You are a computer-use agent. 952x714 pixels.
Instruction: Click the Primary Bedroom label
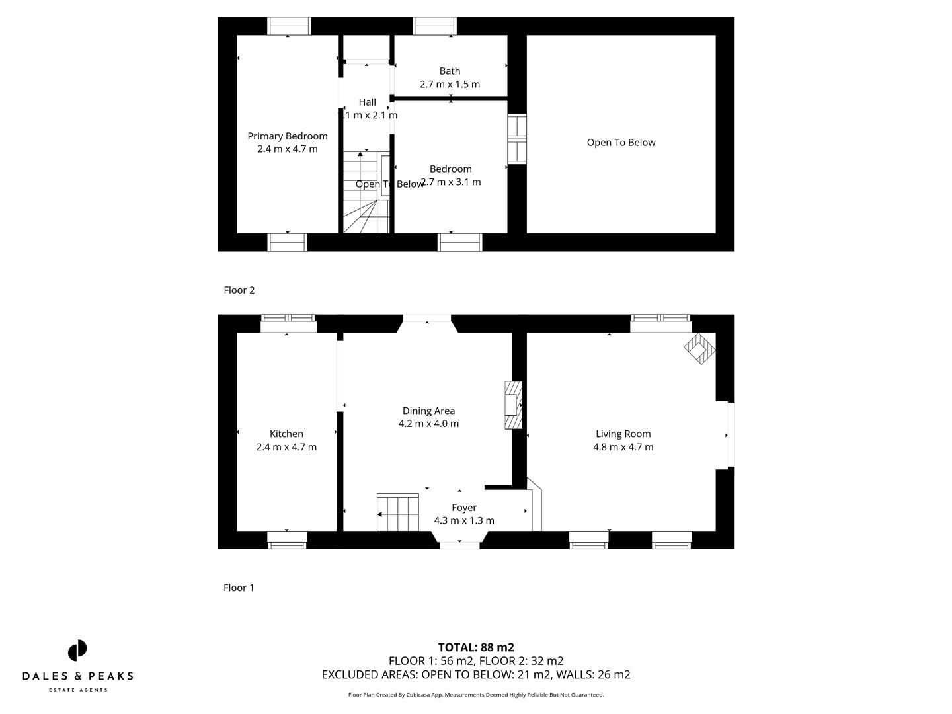pyautogui.click(x=287, y=136)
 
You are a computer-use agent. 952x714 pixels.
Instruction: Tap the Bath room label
pyautogui.click(x=450, y=71)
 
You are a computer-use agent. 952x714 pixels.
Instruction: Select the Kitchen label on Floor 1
pyautogui.click(x=286, y=434)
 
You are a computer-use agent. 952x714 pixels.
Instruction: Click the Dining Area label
pyautogui.click(x=428, y=411)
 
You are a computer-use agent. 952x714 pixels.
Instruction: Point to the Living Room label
pyautogui.click(x=623, y=434)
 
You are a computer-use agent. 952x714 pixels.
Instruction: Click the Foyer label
pyautogui.click(x=463, y=508)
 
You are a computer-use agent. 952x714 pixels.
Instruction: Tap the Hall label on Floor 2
pyautogui.click(x=367, y=102)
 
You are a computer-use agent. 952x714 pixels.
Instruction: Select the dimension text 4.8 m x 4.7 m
pyautogui.click(x=623, y=447)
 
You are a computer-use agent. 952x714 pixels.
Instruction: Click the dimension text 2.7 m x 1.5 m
pyautogui.click(x=450, y=85)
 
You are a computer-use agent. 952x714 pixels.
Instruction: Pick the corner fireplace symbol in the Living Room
pyautogui.click(x=699, y=348)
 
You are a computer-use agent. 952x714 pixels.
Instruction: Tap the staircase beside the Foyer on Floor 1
pyautogui.click(x=398, y=512)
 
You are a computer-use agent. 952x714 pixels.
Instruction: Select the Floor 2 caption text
pyautogui.click(x=239, y=290)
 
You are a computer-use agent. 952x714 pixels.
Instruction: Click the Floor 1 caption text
pyautogui.click(x=239, y=588)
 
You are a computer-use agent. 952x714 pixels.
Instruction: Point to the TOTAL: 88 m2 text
pyautogui.click(x=476, y=647)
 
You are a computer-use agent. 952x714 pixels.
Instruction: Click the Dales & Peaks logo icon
pyautogui.click(x=77, y=650)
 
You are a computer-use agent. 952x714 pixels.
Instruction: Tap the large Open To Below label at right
pyautogui.click(x=621, y=143)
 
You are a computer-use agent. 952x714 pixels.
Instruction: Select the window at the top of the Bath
pyautogui.click(x=434, y=26)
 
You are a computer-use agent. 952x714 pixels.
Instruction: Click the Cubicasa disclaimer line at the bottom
pyautogui.click(x=476, y=695)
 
